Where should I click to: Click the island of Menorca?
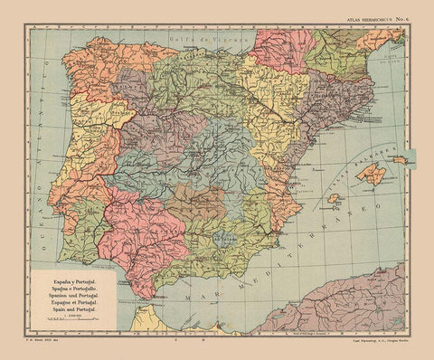point(398,160)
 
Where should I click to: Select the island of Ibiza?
point(334,198)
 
